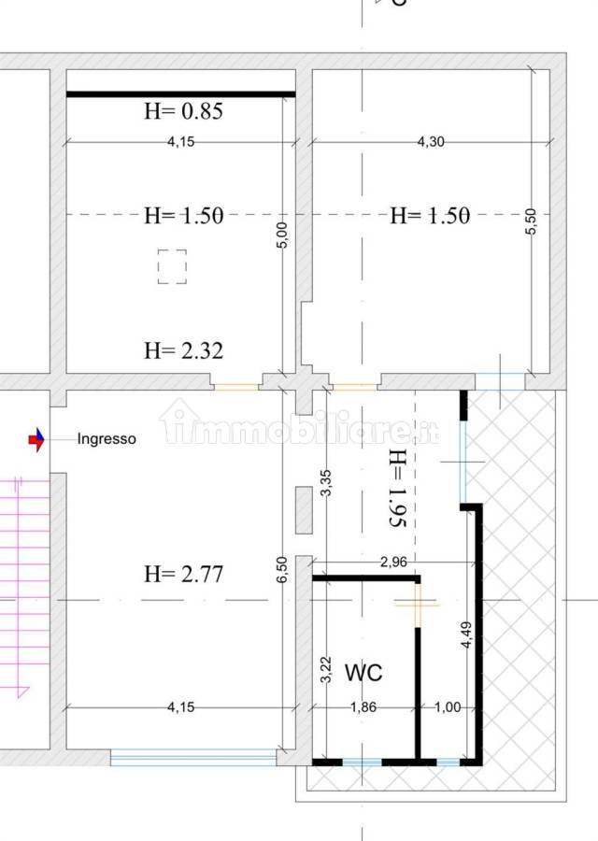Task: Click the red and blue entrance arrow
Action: [x=36, y=440]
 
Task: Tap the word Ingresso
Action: [x=107, y=439]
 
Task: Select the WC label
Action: [x=363, y=672]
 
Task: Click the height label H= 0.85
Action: [x=183, y=111]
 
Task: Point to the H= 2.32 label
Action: [x=183, y=350]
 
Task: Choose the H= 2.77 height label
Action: [x=183, y=575]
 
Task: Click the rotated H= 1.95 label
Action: [x=398, y=489]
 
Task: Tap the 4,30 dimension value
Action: [x=431, y=142]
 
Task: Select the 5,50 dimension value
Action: [x=531, y=221]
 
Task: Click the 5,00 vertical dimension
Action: [x=284, y=235]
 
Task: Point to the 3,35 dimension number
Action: [x=325, y=483]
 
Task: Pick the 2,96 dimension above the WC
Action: [x=393, y=562]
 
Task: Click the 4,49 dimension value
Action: [x=466, y=634]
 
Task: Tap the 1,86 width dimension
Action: [x=363, y=707]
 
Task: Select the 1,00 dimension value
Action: [x=448, y=707]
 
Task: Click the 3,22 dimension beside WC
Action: [x=325, y=670]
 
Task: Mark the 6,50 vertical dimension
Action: [x=282, y=569]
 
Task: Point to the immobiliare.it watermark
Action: [x=299, y=422]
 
